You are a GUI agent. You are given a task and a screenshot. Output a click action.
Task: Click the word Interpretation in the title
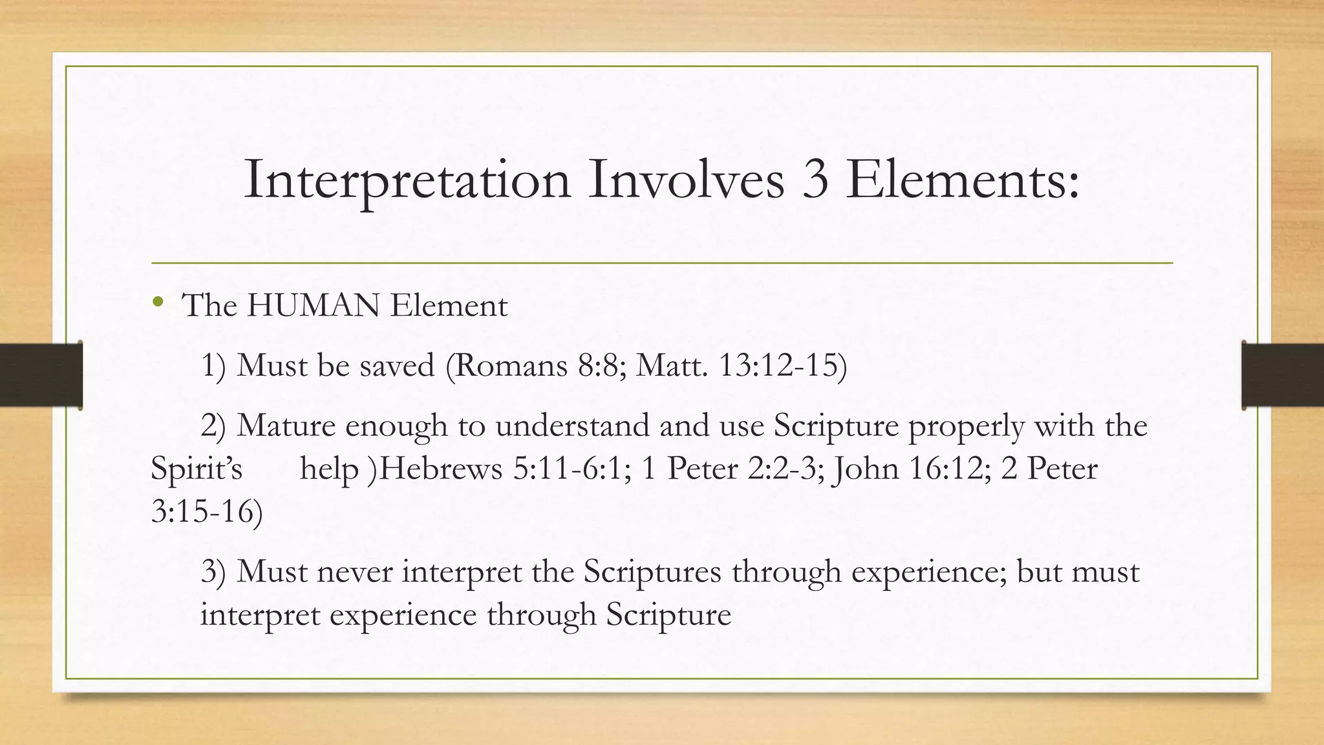[x=407, y=180]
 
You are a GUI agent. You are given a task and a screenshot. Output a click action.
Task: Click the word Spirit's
[x=197, y=469]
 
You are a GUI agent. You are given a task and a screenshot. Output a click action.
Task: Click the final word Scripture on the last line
[x=668, y=614]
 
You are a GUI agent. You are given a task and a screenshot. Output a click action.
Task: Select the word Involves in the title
[x=686, y=180]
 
